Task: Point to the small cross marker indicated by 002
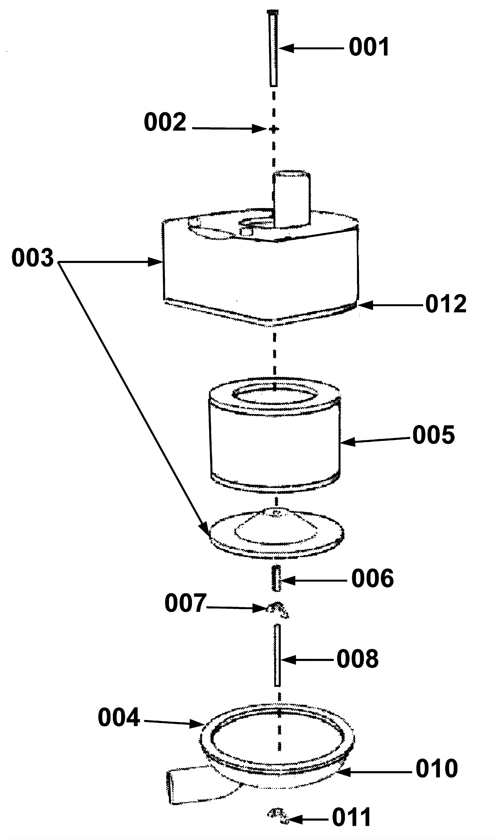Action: point(274,129)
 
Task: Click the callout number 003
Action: point(33,258)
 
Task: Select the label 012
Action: point(446,304)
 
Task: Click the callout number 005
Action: point(433,435)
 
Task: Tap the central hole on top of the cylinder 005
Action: point(274,395)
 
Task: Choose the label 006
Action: point(372,578)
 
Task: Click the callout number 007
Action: point(185,603)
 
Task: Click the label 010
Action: point(436,769)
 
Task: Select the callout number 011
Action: point(351,818)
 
